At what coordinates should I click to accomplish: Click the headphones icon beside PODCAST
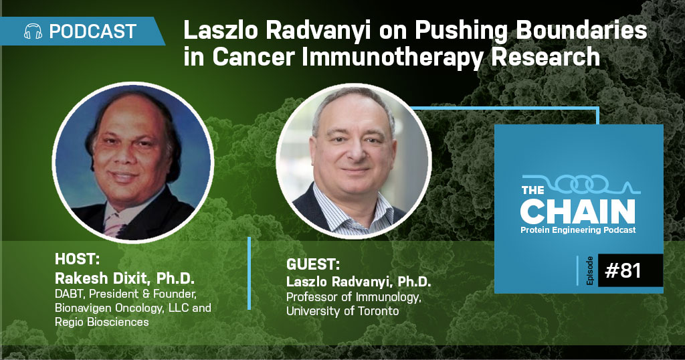point(33,31)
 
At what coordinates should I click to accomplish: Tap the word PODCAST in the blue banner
point(93,31)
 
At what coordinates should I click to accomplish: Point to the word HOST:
point(78,259)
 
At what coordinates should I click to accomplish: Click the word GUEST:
point(313,265)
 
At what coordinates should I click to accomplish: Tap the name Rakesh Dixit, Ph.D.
point(124,278)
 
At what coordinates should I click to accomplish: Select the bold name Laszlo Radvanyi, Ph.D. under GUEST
point(359,282)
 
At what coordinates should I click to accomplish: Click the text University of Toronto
point(342,311)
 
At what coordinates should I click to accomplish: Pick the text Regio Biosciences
point(102,322)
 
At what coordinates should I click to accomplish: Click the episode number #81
point(623,270)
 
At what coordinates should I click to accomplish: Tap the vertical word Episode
point(590,271)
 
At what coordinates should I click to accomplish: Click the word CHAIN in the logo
point(577,211)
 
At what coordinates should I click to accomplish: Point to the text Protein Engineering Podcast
point(578,230)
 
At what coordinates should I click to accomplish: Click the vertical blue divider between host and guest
point(250,274)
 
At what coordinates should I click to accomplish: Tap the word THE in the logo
point(532,190)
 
